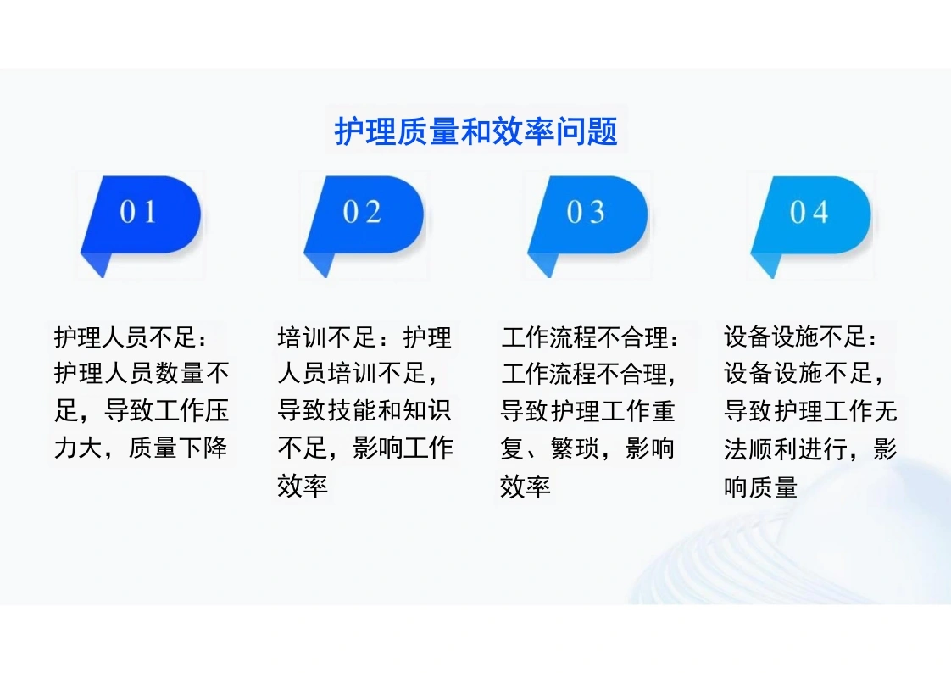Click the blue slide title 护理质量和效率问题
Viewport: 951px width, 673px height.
(x=476, y=131)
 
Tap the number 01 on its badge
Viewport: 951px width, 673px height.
(x=137, y=212)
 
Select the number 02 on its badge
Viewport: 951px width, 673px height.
(x=362, y=212)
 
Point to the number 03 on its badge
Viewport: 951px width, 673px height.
(x=586, y=212)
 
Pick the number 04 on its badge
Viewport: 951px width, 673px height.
(x=809, y=212)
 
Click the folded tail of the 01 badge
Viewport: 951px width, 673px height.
(x=95, y=265)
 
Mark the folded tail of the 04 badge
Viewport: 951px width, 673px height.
(x=765, y=265)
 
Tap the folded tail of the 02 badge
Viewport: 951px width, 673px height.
(x=319, y=265)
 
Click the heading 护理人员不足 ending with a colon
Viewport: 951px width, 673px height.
(x=131, y=337)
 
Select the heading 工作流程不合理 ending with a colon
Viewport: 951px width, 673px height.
(x=590, y=337)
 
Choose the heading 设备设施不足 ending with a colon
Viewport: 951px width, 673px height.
(x=801, y=337)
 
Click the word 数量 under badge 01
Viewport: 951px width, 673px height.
(x=181, y=374)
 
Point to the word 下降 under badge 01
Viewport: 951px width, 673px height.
(x=203, y=448)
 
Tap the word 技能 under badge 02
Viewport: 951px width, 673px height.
(x=353, y=410)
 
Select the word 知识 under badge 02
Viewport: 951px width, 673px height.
(x=427, y=410)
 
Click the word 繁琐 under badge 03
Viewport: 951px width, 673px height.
(x=576, y=448)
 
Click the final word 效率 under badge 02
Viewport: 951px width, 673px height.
(x=303, y=486)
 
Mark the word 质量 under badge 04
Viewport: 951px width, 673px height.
(x=773, y=487)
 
